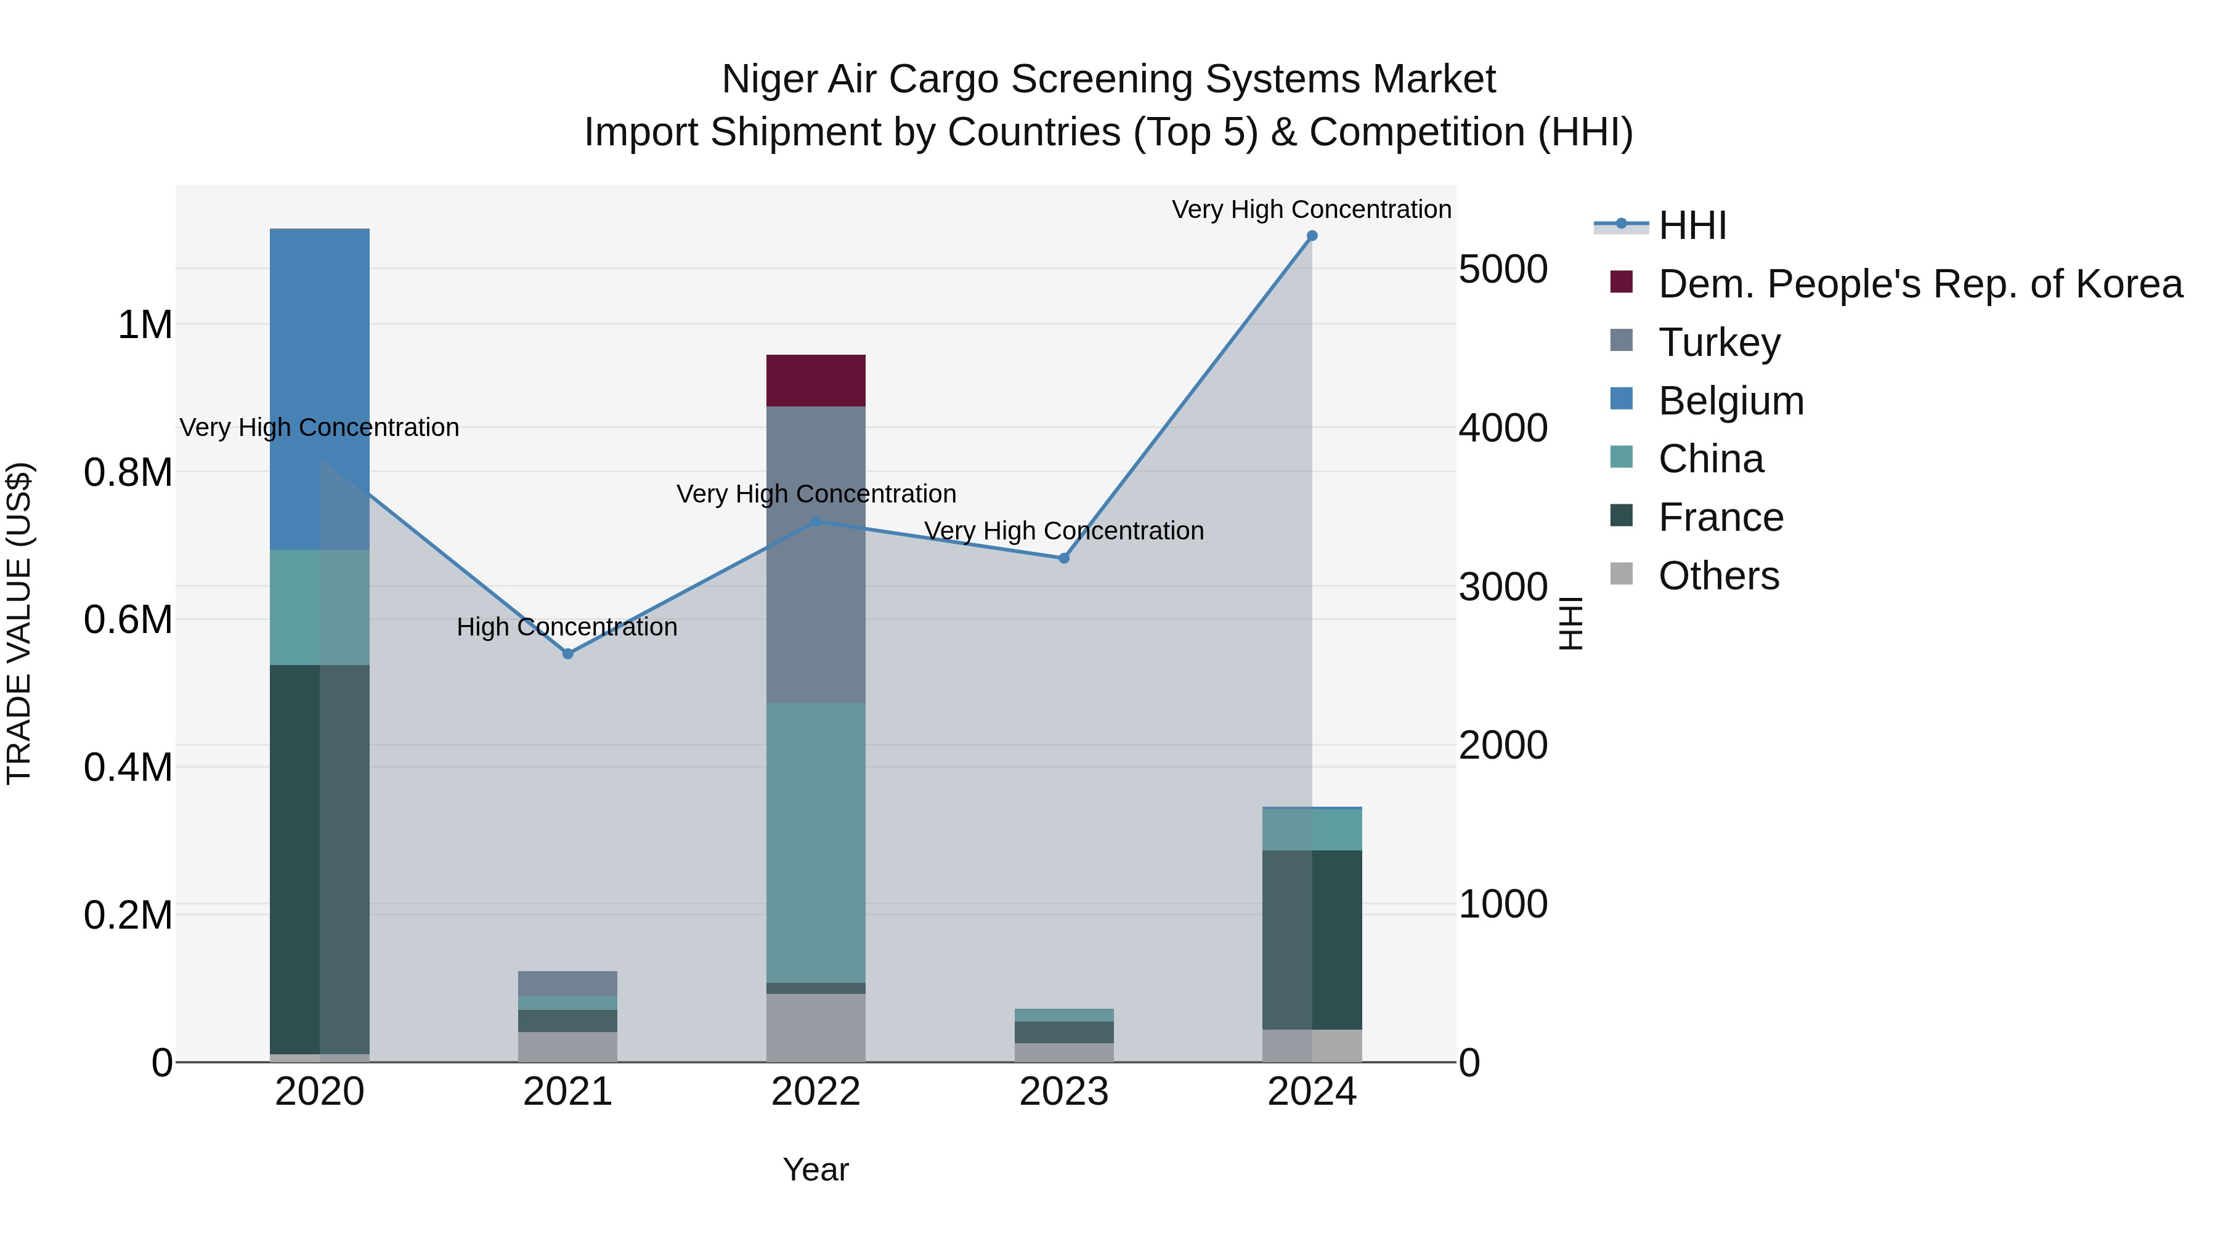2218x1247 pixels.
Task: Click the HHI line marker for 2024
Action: click(x=1311, y=236)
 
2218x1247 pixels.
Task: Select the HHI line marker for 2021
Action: click(x=567, y=654)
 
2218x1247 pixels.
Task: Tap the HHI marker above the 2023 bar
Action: click(x=1063, y=559)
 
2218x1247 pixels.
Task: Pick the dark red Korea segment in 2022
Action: click(x=815, y=381)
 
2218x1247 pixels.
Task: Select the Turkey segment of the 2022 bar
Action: click(x=815, y=555)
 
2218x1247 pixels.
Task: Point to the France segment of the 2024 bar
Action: click(x=1311, y=940)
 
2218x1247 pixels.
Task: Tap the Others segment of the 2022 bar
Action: click(x=815, y=1028)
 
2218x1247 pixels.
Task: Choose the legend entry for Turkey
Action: click(x=1718, y=342)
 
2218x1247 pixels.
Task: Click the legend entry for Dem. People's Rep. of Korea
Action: click(x=1919, y=284)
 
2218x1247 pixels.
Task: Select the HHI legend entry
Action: click(x=1691, y=225)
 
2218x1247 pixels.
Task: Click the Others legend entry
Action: click(x=1718, y=576)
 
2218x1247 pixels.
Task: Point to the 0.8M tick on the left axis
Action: click(x=128, y=472)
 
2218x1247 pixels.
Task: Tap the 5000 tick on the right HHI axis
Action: click(x=1503, y=268)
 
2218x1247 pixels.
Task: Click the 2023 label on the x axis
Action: click(x=1063, y=1092)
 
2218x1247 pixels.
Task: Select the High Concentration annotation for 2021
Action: click(x=567, y=626)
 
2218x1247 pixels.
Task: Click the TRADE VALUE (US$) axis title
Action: click(x=19, y=623)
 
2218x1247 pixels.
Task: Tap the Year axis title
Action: click(x=815, y=1169)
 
